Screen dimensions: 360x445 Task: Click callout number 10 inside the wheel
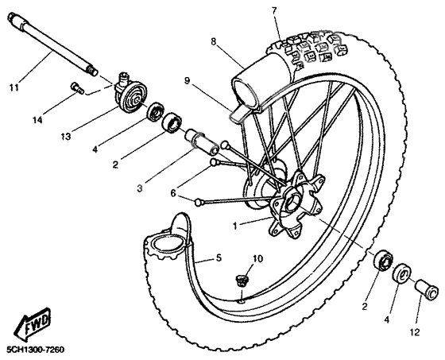coord(257,259)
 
